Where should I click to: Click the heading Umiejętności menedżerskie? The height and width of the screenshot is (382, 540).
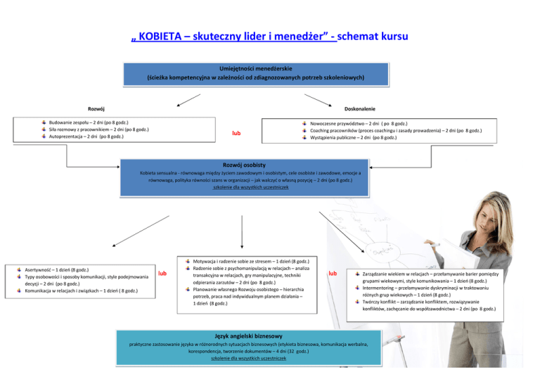pos(255,68)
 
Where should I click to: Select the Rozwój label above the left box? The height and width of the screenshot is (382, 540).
pos(96,108)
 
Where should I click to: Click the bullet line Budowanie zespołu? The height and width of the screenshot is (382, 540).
pos(91,122)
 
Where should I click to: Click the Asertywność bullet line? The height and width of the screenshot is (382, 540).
pos(56,270)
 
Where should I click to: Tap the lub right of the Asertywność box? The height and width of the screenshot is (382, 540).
pos(162,273)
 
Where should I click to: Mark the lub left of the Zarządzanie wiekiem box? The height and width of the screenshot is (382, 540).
pos(333,273)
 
